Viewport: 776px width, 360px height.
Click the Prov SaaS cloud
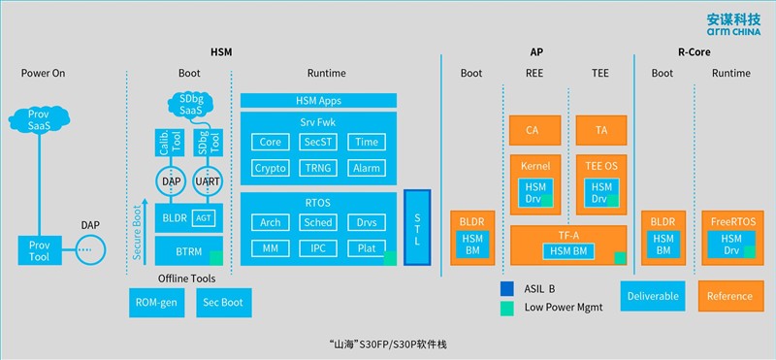40,120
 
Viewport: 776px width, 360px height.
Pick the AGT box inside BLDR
205,216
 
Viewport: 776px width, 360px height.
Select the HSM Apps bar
318,100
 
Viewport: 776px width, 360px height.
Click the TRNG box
318,167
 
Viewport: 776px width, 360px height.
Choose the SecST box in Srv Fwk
318,143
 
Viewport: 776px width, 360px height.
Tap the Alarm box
367,167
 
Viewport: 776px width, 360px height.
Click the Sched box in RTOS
318,223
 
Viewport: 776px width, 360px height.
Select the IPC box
318,248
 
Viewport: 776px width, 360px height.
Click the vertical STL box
416,227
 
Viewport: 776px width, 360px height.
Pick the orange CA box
532,129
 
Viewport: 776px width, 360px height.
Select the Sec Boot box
222,301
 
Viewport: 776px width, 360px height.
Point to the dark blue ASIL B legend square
507,289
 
